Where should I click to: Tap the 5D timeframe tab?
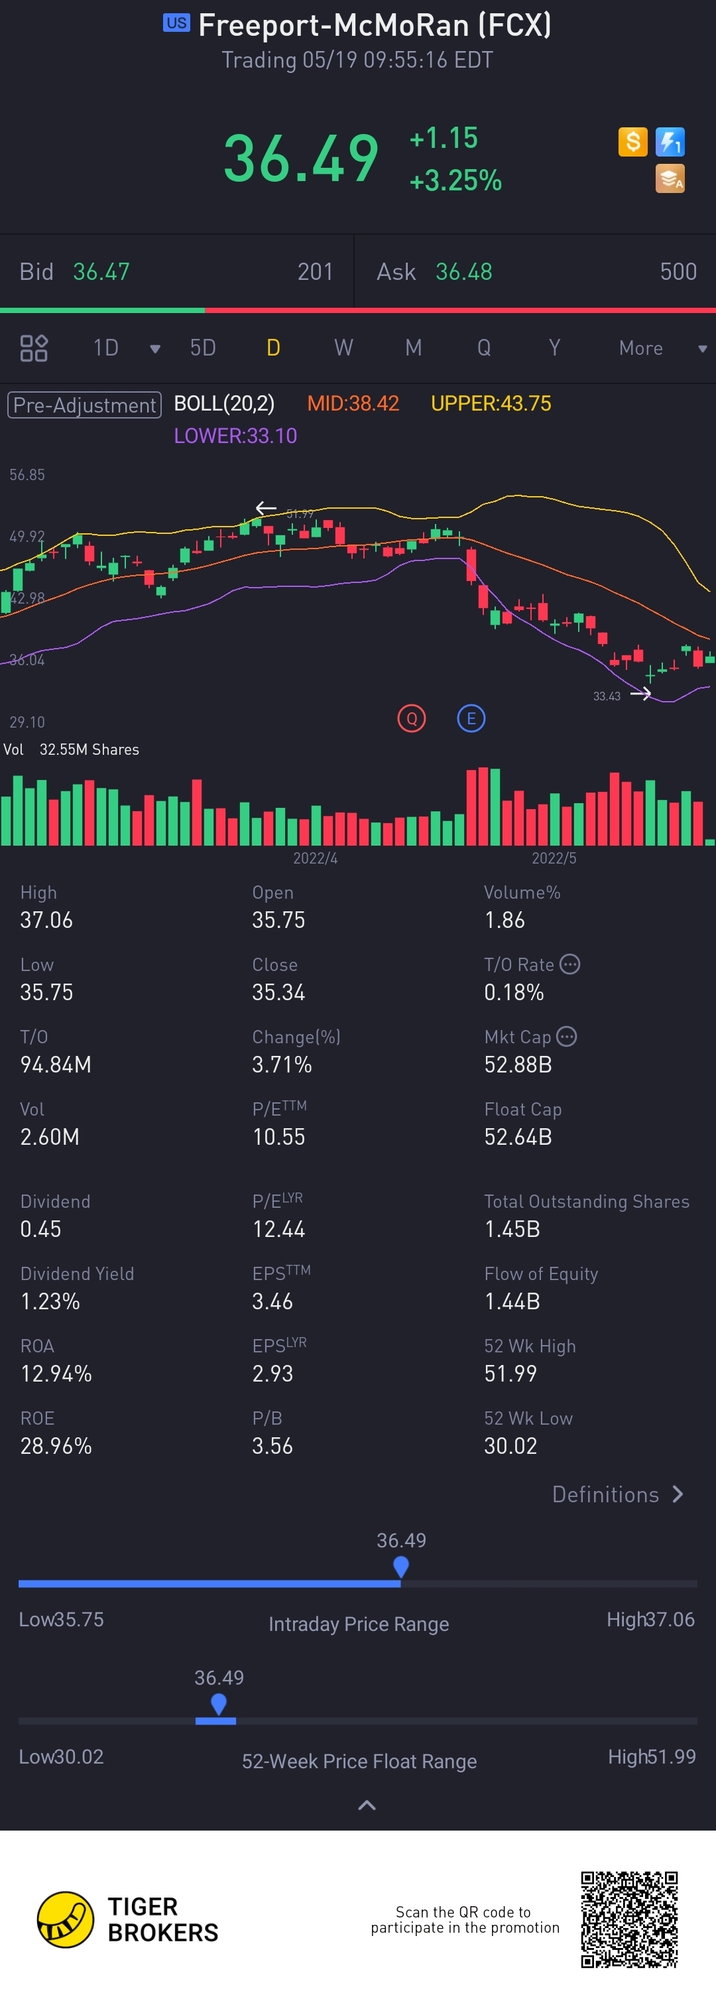(x=203, y=348)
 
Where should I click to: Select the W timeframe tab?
(x=343, y=348)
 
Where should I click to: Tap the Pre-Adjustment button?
(x=84, y=405)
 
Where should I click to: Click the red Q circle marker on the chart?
(x=412, y=718)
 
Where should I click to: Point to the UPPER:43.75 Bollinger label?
(x=491, y=403)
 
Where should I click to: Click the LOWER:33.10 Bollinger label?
(x=235, y=435)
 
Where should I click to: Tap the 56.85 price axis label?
(x=27, y=475)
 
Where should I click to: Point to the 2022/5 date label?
(x=554, y=858)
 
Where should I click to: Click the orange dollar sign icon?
(x=632, y=142)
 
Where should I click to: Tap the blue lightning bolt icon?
(x=670, y=142)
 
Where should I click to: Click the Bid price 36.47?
(x=101, y=271)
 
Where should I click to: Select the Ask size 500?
(x=678, y=271)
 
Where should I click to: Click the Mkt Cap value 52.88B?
(x=518, y=1065)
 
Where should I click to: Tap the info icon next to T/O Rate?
(x=570, y=965)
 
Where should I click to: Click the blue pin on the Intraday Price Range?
(x=401, y=1565)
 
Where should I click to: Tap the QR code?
(x=629, y=1919)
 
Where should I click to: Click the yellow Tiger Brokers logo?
(x=66, y=1919)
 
